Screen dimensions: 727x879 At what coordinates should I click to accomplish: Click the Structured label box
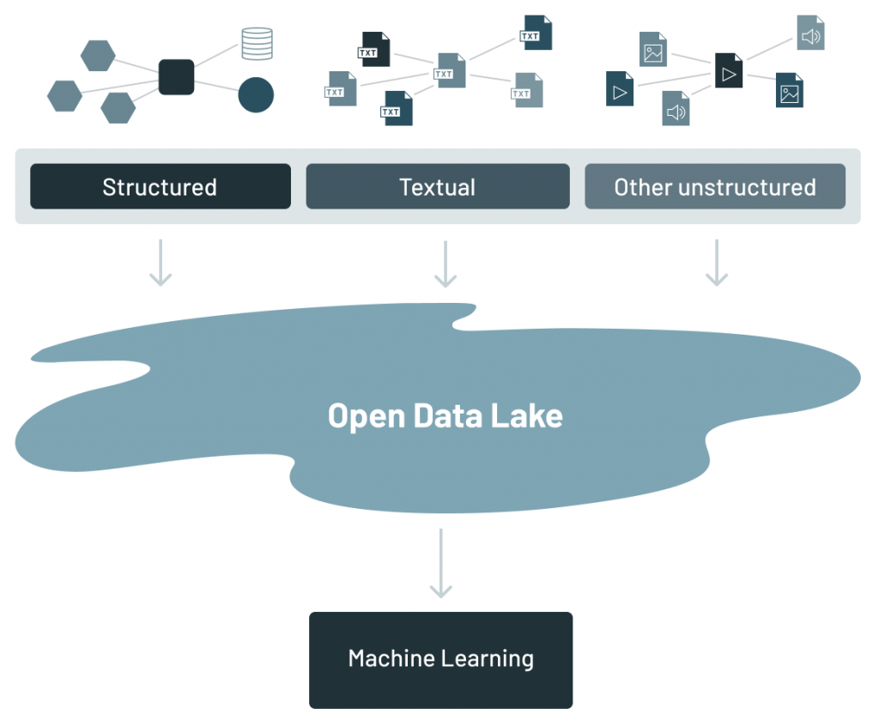click(x=161, y=186)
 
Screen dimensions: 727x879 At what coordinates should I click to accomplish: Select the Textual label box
click(x=438, y=186)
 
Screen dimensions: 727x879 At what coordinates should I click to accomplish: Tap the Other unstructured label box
click(x=715, y=186)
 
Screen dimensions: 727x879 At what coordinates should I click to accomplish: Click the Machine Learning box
click(x=440, y=659)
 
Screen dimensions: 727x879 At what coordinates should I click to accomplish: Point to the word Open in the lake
click(x=367, y=415)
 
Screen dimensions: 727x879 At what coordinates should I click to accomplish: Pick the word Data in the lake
click(x=446, y=415)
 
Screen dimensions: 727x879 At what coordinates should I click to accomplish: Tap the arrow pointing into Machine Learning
click(x=440, y=563)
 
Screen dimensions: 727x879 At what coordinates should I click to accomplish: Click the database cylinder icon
click(x=257, y=44)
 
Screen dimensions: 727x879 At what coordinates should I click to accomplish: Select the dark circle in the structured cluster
click(x=256, y=94)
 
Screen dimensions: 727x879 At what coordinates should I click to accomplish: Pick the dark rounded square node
click(x=177, y=76)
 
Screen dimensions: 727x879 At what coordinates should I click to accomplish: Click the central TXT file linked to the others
click(x=450, y=70)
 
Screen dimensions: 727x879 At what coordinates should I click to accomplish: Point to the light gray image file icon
click(x=653, y=49)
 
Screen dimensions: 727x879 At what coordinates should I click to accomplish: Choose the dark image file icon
click(x=790, y=90)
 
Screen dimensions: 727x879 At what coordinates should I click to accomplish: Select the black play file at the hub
click(x=729, y=70)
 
